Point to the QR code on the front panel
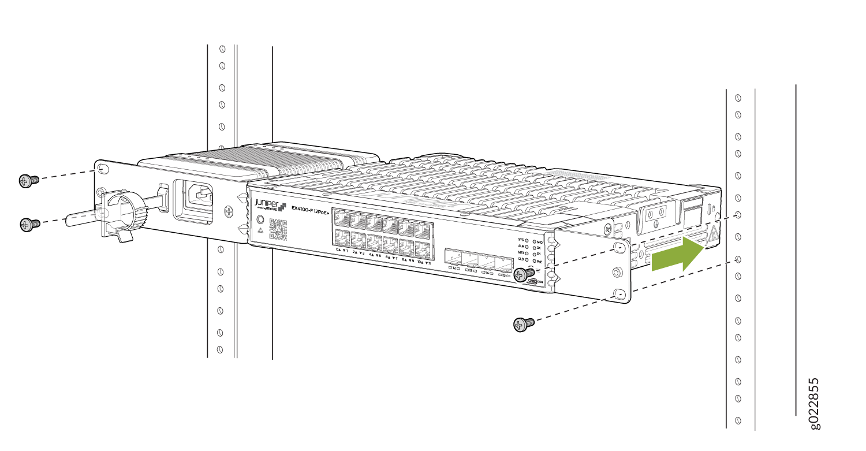(x=278, y=229)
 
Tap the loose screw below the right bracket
(x=524, y=325)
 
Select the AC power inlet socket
(x=196, y=200)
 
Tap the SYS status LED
(x=527, y=240)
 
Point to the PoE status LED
(x=534, y=261)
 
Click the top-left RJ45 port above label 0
(x=341, y=220)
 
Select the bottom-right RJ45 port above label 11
(x=423, y=250)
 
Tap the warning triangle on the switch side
(x=713, y=233)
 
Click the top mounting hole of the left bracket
(x=103, y=169)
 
